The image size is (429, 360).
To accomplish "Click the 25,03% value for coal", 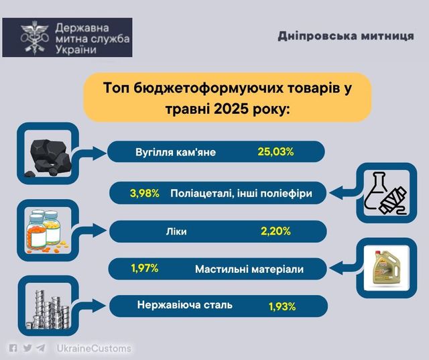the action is pos(275,152).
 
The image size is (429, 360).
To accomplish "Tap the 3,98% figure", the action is pos(145,193).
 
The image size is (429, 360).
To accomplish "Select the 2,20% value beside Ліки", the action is pos(275,231).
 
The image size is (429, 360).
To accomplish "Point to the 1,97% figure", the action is pos(145,268).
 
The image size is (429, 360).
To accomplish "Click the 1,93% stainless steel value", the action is pos(282,306).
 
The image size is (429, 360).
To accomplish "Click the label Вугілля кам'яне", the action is pos(176,152).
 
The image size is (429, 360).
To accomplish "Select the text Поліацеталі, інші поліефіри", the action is pos(241,193).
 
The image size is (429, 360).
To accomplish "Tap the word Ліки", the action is pos(176,231).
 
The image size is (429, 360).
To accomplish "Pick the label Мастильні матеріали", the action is pos(249,269).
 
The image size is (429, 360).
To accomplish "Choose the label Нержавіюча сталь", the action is pos(185,304).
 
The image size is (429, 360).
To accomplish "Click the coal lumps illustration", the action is pos(48,158).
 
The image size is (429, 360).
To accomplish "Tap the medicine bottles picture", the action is pos(46,231).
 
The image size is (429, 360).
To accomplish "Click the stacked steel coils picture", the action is pos(48,309).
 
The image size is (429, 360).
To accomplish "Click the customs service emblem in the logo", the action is pos(35,38).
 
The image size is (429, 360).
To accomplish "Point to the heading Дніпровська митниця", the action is pos(346,36).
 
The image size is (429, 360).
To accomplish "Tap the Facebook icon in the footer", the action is pos(13,348).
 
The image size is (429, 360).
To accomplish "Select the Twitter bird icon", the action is pos(27,348).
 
